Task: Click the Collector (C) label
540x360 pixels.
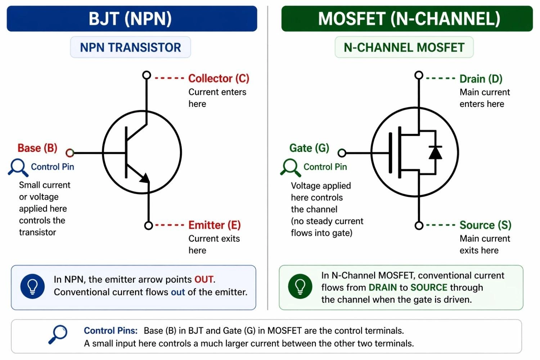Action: [219, 78]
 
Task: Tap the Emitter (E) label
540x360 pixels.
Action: [215, 225]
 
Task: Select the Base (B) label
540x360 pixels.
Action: [37, 148]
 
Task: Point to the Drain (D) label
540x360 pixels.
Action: [481, 79]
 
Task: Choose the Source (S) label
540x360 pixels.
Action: [485, 225]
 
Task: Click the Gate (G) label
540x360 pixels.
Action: [309, 148]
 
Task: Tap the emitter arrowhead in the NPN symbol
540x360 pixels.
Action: [145, 178]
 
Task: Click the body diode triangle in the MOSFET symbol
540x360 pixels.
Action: [435, 152]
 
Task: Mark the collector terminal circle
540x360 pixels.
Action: [147, 75]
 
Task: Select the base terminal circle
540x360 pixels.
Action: [70, 153]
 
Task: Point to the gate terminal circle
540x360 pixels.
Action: [342, 153]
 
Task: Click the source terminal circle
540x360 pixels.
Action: [419, 225]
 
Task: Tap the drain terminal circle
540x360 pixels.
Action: [419, 75]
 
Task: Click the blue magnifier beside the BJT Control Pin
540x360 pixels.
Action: [17, 167]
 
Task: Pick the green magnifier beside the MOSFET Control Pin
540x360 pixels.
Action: [290, 167]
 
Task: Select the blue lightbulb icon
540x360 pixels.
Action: [33, 287]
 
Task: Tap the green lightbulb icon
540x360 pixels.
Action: [300, 287]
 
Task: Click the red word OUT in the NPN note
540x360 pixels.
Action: [204, 279]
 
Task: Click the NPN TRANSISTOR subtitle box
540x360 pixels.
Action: [130, 47]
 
